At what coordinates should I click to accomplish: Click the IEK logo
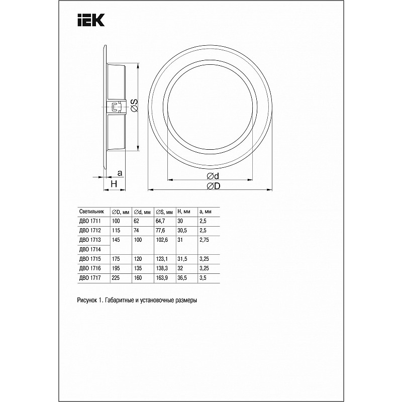click(x=91, y=20)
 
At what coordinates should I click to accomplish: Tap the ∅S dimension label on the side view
click(x=134, y=106)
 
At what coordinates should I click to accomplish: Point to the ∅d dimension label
click(x=213, y=176)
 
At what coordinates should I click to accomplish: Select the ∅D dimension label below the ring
click(x=213, y=186)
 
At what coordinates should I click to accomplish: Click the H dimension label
click(x=114, y=184)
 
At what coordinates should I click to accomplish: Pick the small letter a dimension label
click(x=120, y=173)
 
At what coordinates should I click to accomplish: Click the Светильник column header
click(x=92, y=212)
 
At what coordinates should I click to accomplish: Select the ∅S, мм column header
click(x=164, y=212)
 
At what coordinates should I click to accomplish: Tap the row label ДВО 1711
click(x=90, y=221)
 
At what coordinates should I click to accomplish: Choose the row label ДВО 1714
click(x=90, y=249)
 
